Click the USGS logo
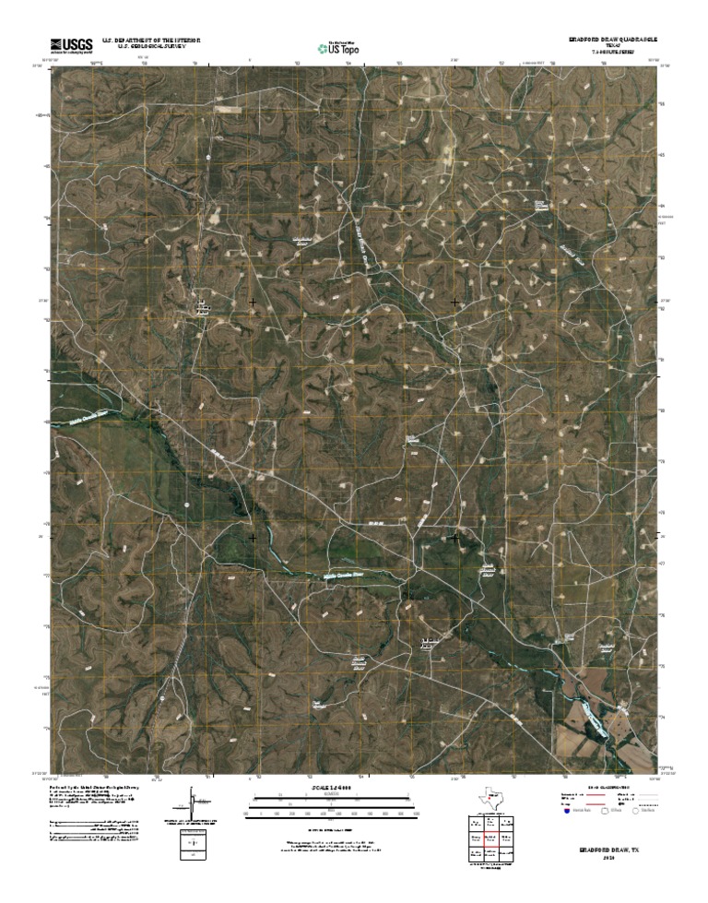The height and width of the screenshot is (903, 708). (71, 44)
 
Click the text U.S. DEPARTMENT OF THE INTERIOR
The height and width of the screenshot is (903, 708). (150, 42)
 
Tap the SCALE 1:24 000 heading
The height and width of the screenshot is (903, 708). (329, 790)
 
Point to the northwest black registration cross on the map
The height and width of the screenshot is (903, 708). (253, 302)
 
